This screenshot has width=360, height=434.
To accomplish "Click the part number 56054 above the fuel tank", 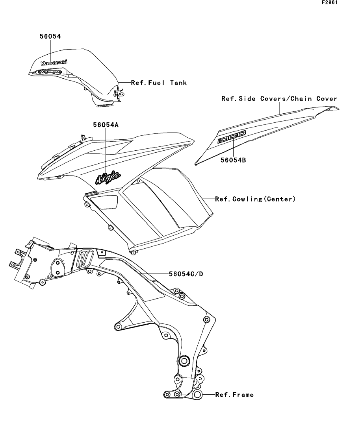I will point(50,36).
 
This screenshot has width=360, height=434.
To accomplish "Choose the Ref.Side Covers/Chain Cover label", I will point(279,99).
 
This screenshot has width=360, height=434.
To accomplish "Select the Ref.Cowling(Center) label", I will point(255,199).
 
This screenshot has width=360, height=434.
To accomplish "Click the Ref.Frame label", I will point(234,395).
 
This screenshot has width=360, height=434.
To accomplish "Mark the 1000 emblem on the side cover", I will point(232,137).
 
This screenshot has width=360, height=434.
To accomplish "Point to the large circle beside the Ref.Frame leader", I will point(198,395).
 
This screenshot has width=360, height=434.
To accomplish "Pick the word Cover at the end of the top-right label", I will point(327,99).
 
